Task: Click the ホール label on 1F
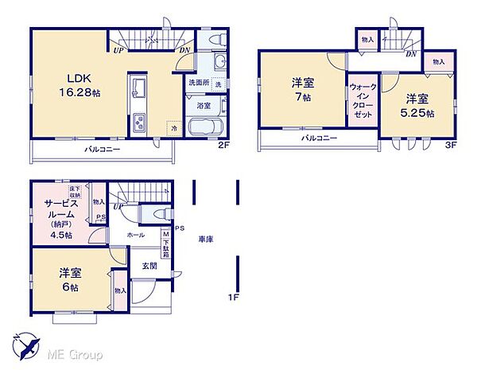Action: click(134, 236)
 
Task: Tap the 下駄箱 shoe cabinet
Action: click(165, 240)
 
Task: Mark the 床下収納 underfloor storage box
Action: click(73, 190)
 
